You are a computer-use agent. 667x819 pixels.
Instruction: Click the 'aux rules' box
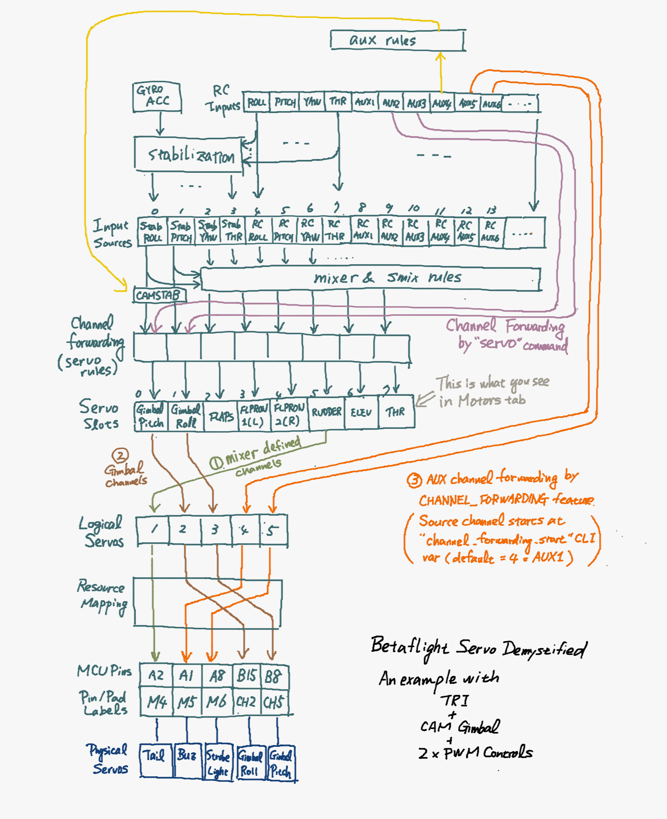(x=397, y=40)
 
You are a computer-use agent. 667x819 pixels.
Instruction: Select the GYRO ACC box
(x=157, y=97)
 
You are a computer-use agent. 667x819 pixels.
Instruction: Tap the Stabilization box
(x=189, y=155)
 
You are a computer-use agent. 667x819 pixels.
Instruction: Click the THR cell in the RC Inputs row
(x=338, y=102)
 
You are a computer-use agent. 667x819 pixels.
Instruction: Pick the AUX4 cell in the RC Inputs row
(x=441, y=103)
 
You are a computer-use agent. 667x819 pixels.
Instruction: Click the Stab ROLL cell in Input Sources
(x=152, y=232)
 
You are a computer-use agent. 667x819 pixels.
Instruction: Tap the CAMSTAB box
(x=159, y=295)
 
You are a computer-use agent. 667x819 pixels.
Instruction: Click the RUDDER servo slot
(x=327, y=412)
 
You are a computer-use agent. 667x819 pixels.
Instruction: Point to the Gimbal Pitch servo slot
(x=150, y=416)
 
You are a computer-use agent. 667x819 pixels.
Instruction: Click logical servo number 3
(x=215, y=530)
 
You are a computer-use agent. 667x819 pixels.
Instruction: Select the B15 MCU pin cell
(x=247, y=676)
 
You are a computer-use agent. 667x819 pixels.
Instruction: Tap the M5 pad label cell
(x=187, y=702)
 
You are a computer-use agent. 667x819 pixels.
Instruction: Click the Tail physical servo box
(x=155, y=761)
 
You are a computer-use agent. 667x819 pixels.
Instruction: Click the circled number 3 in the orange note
(x=414, y=480)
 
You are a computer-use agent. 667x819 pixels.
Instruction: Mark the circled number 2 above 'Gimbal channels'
(x=120, y=455)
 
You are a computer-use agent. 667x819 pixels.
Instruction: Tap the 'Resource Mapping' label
(x=102, y=596)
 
